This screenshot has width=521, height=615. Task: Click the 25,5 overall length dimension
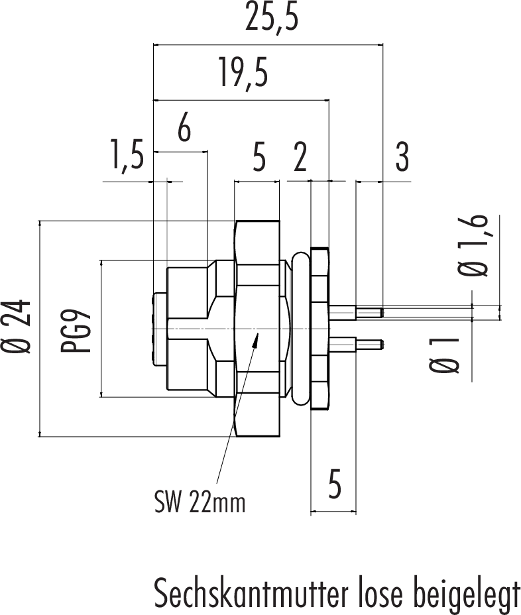tap(272, 20)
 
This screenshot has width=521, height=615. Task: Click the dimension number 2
tap(300, 159)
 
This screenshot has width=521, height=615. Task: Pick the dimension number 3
tap(402, 158)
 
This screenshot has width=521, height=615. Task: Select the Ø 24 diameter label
tap(22, 328)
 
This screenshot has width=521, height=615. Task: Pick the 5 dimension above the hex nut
tap(259, 159)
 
